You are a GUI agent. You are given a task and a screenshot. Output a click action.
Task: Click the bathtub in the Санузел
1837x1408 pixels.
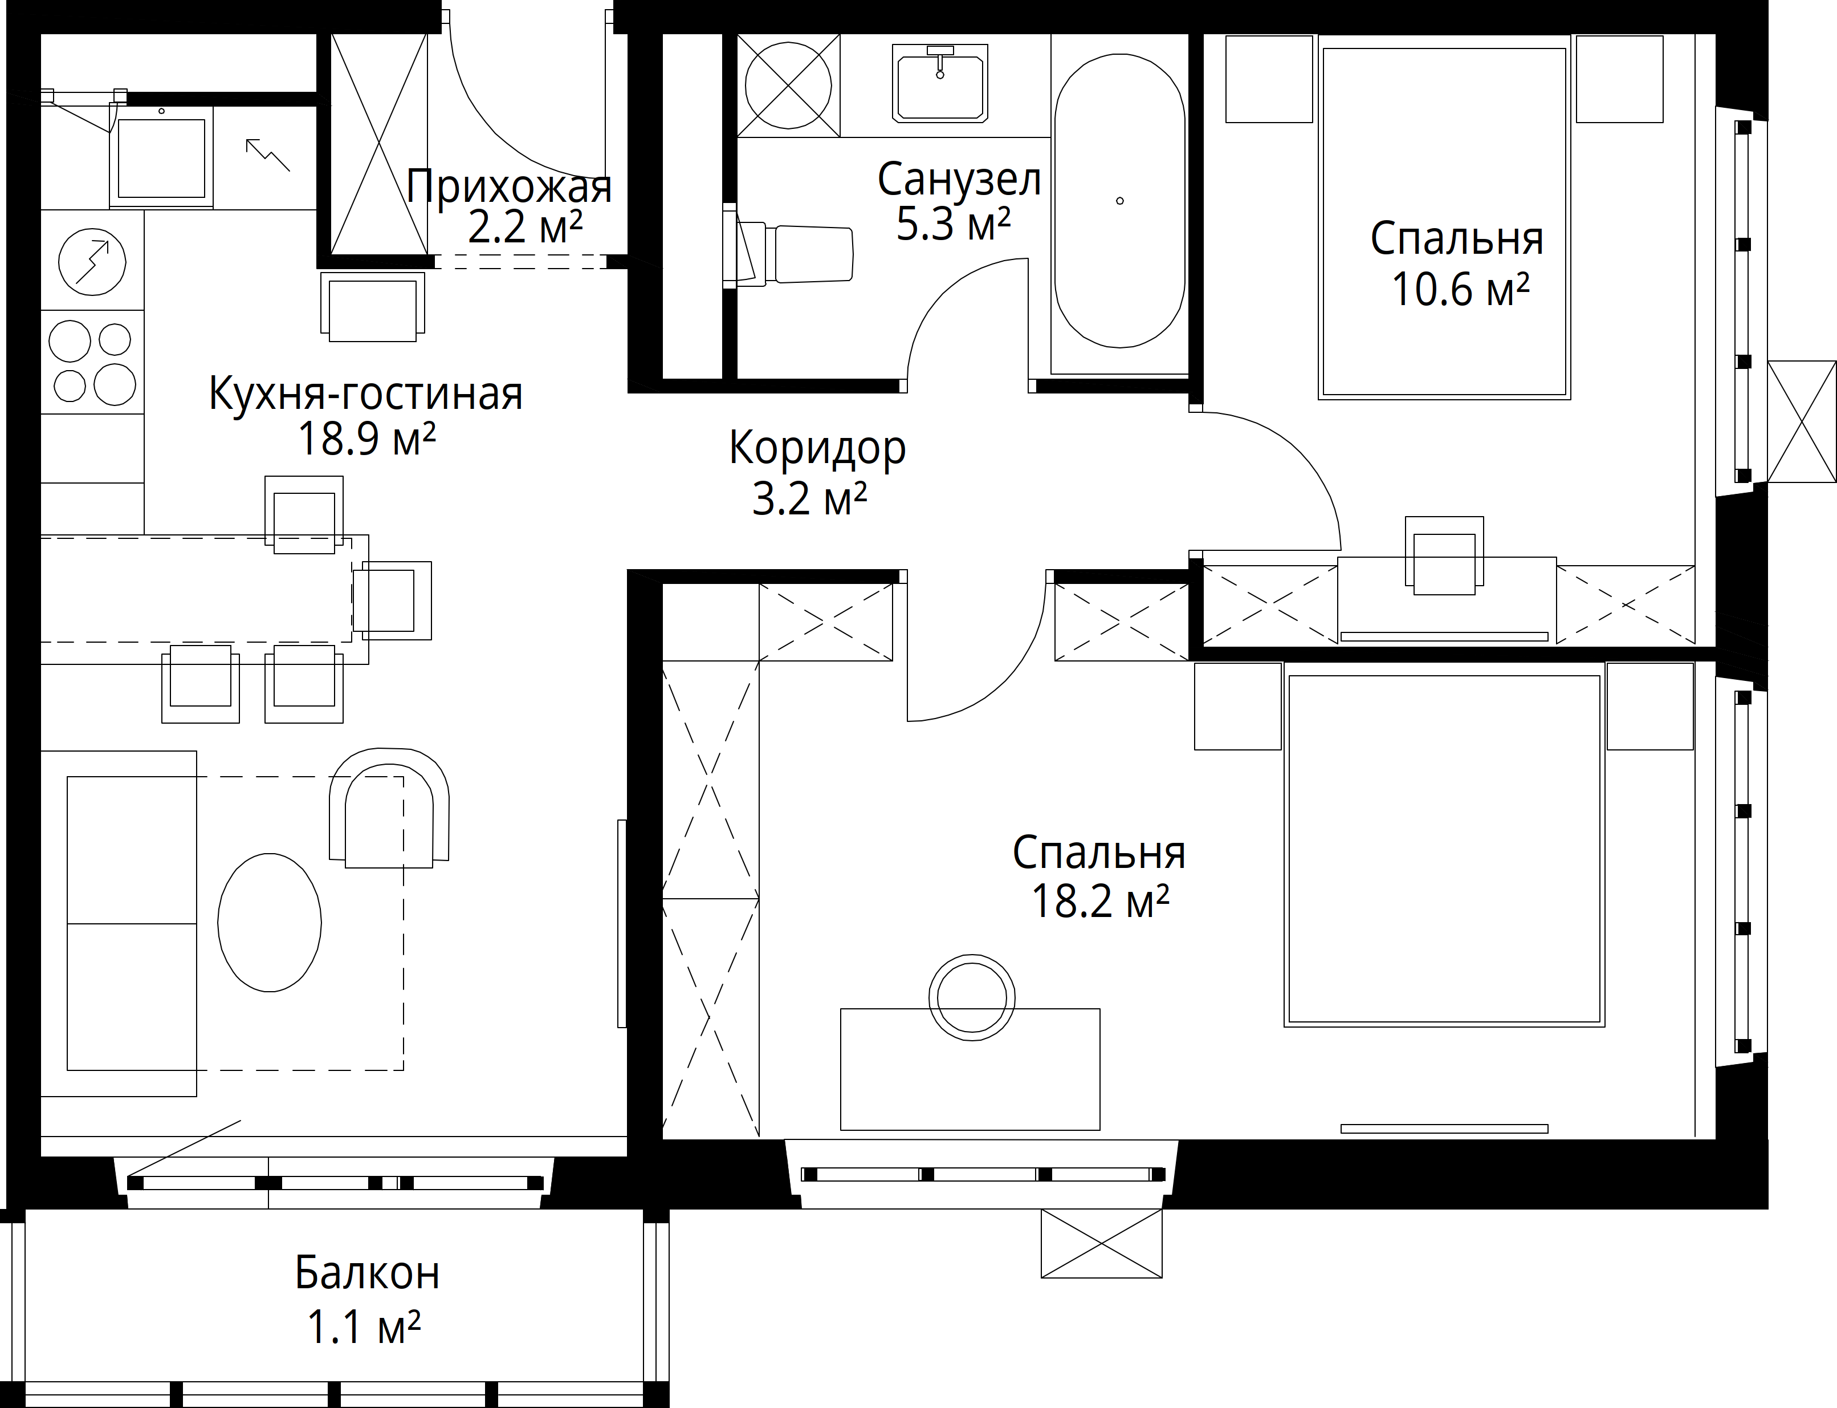[x=1120, y=201]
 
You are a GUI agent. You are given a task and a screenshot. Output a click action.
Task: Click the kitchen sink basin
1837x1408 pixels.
[x=161, y=157]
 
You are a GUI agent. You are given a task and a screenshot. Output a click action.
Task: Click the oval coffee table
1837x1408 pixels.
[x=269, y=922]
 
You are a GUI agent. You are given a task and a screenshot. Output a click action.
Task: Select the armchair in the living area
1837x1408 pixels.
[x=389, y=809]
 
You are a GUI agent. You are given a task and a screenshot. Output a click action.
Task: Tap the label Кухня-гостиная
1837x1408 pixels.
[x=365, y=392]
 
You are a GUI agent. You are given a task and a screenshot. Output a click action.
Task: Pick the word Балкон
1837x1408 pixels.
[x=367, y=1273]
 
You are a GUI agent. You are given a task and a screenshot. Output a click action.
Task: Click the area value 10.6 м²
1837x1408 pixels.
[x=1460, y=289]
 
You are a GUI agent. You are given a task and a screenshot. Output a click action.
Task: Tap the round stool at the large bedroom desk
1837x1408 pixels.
[x=972, y=997]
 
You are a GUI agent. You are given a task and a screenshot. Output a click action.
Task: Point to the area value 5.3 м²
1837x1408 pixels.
[x=953, y=224]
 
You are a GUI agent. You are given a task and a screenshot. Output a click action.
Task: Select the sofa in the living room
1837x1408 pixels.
[x=119, y=924]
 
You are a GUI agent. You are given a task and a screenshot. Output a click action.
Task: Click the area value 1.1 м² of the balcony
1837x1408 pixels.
[x=364, y=1326]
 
